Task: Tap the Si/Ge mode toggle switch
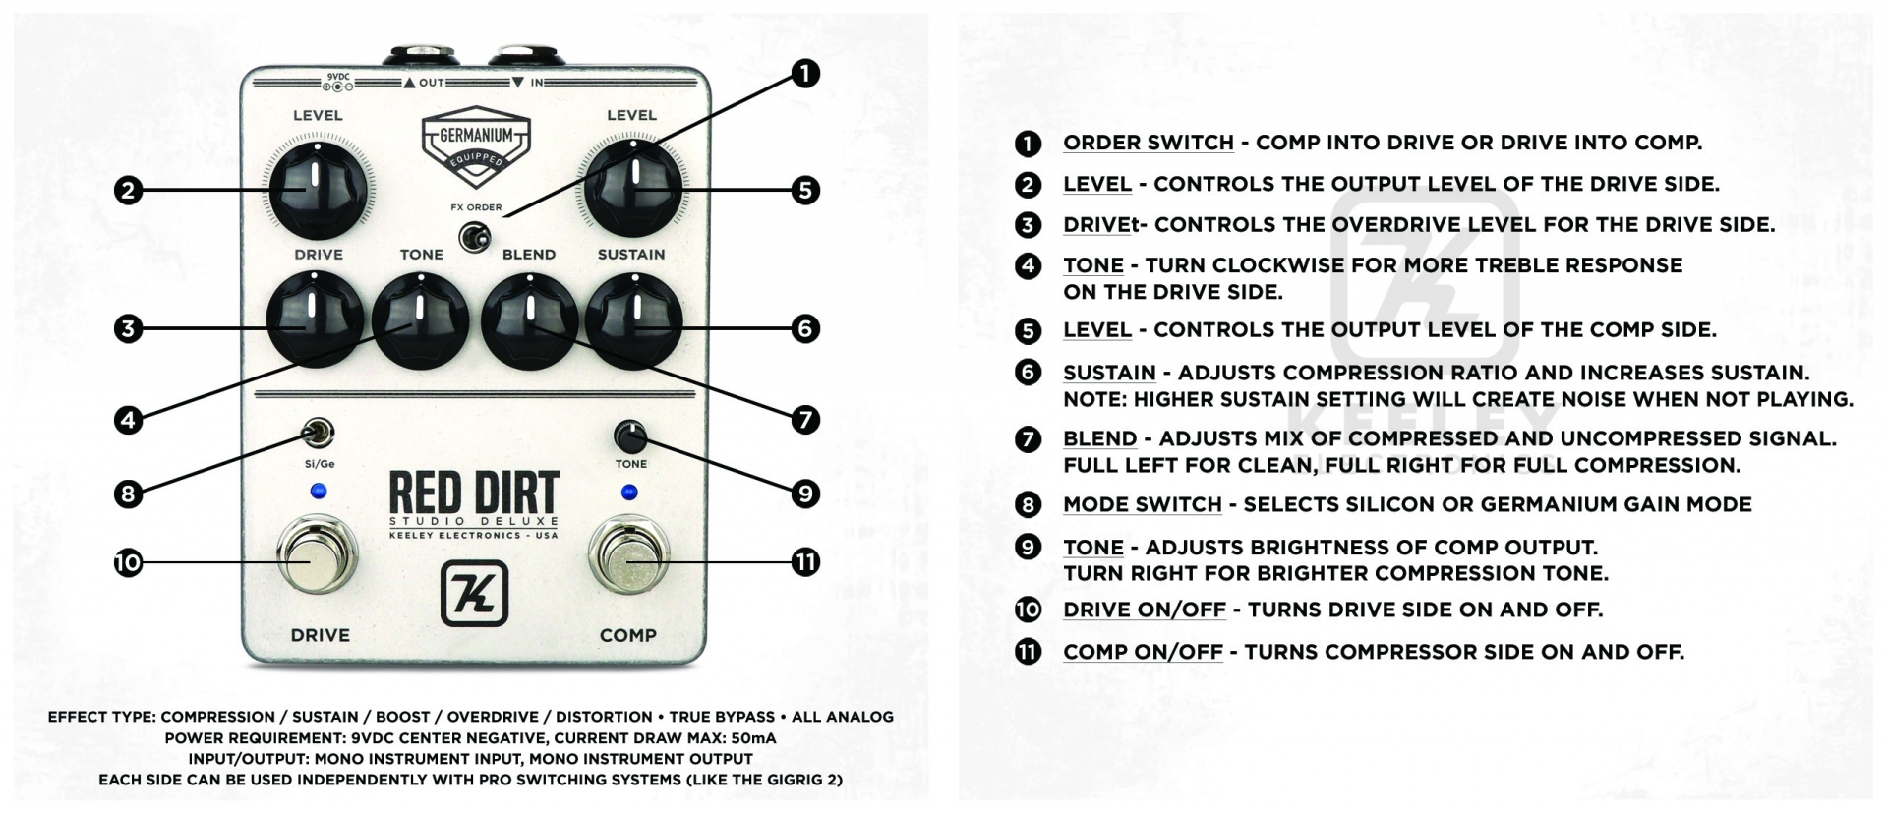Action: click(319, 433)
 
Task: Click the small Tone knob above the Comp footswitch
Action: click(629, 436)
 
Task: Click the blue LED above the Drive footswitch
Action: click(318, 492)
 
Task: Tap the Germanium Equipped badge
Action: click(476, 146)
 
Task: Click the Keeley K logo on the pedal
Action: click(474, 593)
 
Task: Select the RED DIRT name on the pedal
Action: click(474, 493)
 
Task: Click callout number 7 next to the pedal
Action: click(804, 420)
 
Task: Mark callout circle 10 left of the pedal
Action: click(128, 563)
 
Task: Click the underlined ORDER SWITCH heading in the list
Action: click(1148, 143)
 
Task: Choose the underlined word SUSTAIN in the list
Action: click(1109, 373)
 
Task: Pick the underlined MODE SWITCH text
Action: click(1142, 504)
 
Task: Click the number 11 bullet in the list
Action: click(1028, 652)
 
